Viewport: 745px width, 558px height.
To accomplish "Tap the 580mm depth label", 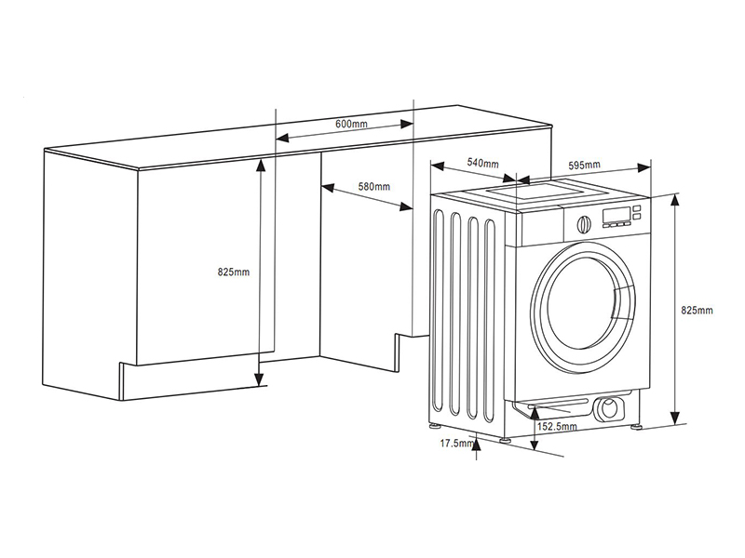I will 374,187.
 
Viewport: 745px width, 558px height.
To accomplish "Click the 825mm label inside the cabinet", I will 233,272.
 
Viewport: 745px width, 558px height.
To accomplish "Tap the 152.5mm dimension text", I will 558,426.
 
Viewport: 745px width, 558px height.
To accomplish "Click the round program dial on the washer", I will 584,223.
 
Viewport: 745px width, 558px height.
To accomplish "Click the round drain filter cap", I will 612,409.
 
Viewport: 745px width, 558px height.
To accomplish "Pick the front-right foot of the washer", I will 638,426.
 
